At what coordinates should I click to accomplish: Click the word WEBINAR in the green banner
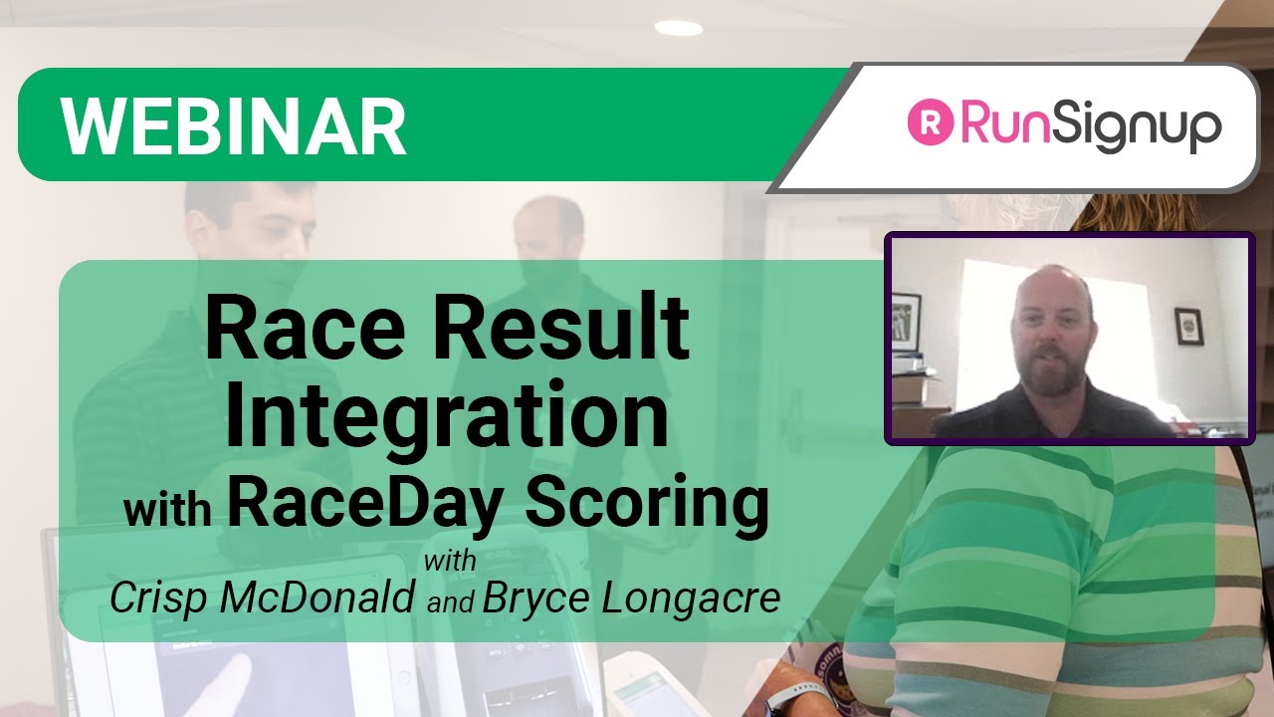coord(233,125)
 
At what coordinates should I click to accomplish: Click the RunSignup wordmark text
coord(1089,127)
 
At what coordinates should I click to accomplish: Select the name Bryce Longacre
coord(631,597)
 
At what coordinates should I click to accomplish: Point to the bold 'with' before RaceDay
coord(167,508)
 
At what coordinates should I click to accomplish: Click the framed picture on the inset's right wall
coord(1188,326)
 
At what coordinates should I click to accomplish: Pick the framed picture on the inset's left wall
coord(906,321)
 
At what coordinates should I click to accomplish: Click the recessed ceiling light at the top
coord(679,28)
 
